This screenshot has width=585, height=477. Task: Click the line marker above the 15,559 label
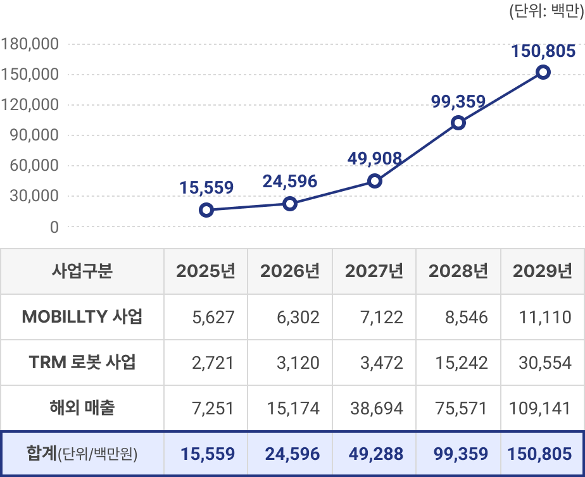pyautogui.click(x=206, y=210)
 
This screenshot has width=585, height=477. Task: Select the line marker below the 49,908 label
pyautogui.click(x=375, y=181)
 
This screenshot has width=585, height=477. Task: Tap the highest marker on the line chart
pyautogui.click(x=543, y=72)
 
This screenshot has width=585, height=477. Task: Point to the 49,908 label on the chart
pyautogui.click(x=375, y=158)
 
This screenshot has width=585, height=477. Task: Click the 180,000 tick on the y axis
pyautogui.click(x=30, y=44)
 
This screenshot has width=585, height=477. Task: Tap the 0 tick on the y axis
pyautogui.click(x=54, y=226)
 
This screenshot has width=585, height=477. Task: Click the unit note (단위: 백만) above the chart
pyautogui.click(x=546, y=12)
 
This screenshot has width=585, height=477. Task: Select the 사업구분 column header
pyautogui.click(x=82, y=271)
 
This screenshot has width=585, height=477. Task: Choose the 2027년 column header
pyautogui.click(x=374, y=271)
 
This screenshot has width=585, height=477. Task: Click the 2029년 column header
pyautogui.click(x=542, y=271)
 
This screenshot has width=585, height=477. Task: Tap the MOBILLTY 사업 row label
pyautogui.click(x=82, y=317)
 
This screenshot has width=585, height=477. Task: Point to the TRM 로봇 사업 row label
pyautogui.click(x=82, y=362)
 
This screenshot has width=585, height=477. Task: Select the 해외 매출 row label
pyautogui.click(x=82, y=408)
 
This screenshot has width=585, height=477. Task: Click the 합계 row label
pyautogui.click(x=82, y=454)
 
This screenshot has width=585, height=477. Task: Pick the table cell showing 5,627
pyautogui.click(x=213, y=317)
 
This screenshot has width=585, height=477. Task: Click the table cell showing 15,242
pyautogui.click(x=462, y=362)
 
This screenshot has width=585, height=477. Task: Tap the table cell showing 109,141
pyautogui.click(x=539, y=408)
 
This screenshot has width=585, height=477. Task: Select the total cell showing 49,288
pyautogui.click(x=376, y=454)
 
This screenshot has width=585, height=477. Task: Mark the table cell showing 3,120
pyautogui.click(x=298, y=362)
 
